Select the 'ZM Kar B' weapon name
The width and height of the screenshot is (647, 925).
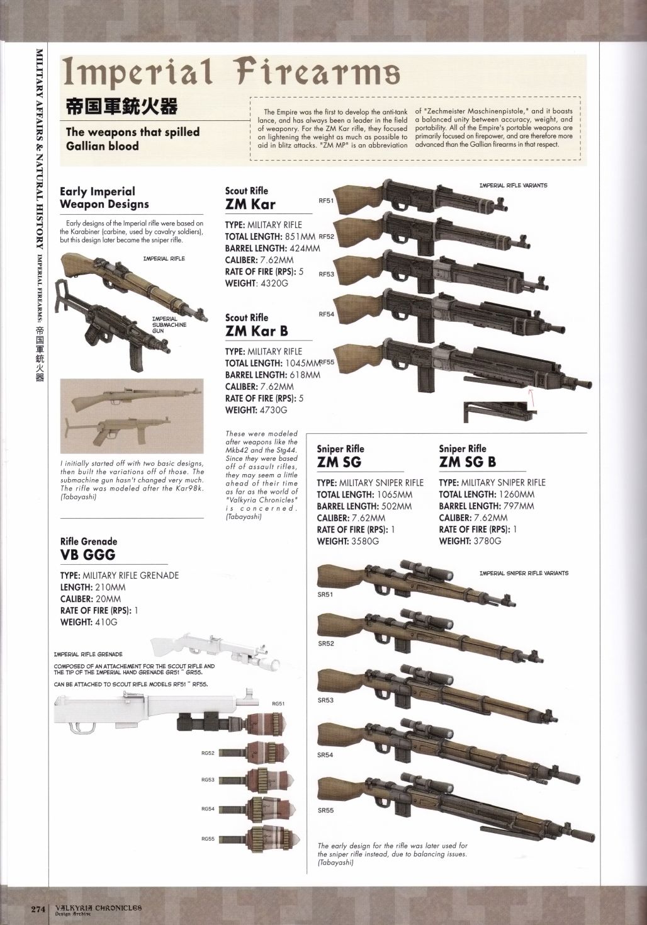coord(256,331)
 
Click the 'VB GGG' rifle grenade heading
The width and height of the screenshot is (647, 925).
coord(87,555)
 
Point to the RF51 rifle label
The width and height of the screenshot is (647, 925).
coord(326,201)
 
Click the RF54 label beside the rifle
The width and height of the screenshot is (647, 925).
coord(326,314)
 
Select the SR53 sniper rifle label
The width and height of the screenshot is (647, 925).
coord(325,700)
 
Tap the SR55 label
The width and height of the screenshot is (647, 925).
coord(325,810)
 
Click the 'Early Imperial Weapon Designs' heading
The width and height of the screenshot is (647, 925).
coord(104,198)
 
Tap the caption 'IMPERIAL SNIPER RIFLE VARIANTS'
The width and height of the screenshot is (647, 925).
coord(524,573)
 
